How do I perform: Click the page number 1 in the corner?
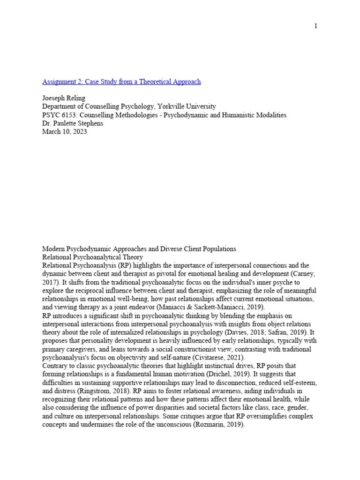pos(316,26)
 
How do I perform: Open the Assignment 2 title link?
pos(121,82)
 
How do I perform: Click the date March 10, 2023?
pos(65,132)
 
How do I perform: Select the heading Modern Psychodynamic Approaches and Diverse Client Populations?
pos(139,249)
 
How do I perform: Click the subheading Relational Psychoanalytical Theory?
pos(93,257)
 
